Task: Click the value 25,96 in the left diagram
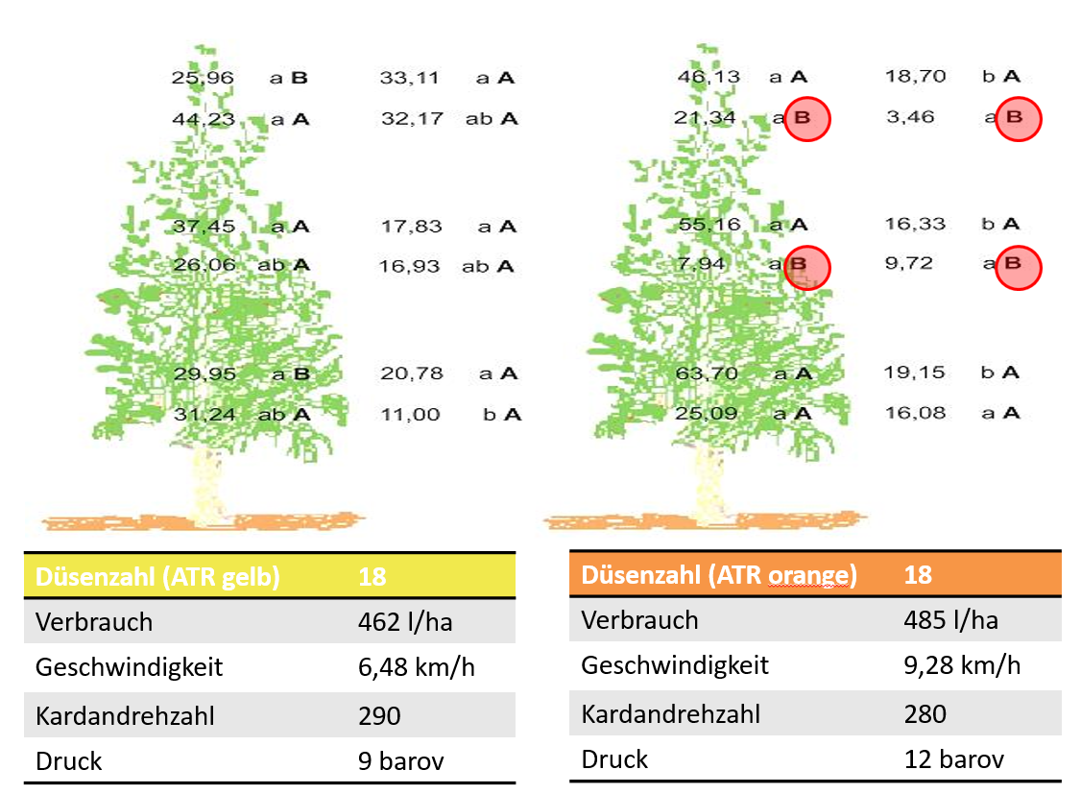(203, 78)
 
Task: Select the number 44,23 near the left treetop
(203, 119)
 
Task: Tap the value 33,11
(410, 78)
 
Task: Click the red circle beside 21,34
(806, 119)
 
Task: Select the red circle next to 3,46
(1018, 119)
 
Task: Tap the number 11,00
(410, 415)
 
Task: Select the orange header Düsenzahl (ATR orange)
(718, 575)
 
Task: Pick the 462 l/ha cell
(404, 622)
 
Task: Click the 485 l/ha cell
(950, 620)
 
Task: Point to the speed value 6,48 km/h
(416, 667)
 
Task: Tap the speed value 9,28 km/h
(962, 664)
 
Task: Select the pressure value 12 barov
(953, 759)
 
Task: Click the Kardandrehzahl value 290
(379, 715)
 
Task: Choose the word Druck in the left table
(68, 761)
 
